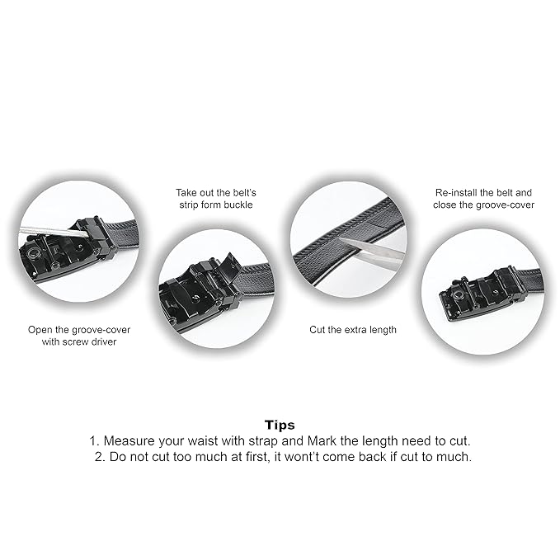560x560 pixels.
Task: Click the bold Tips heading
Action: (280, 425)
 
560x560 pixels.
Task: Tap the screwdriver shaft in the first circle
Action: (54, 232)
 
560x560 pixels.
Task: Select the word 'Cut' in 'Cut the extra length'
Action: (316, 330)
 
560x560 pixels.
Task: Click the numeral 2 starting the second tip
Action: (99, 457)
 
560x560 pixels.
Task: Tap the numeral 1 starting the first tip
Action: (93, 441)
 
